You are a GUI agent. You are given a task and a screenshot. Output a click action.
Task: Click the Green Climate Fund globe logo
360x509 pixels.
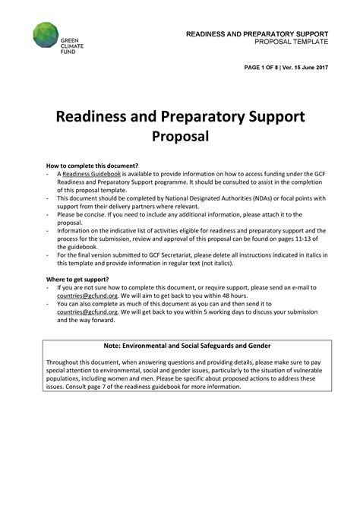(x=46, y=35)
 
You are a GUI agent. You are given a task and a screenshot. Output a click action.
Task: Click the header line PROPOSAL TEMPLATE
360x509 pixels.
(x=291, y=42)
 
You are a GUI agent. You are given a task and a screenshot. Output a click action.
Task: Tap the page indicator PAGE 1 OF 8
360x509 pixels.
(x=265, y=68)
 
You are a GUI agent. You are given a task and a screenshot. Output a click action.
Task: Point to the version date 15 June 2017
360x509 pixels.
(x=311, y=68)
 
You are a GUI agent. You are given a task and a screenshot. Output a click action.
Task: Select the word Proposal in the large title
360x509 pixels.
(x=180, y=138)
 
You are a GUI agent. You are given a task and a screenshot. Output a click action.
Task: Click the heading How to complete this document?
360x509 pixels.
(x=92, y=166)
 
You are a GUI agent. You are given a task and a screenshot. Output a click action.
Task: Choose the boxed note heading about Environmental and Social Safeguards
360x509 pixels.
(x=187, y=346)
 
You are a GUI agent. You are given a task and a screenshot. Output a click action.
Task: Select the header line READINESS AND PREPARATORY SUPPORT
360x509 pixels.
(x=257, y=34)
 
